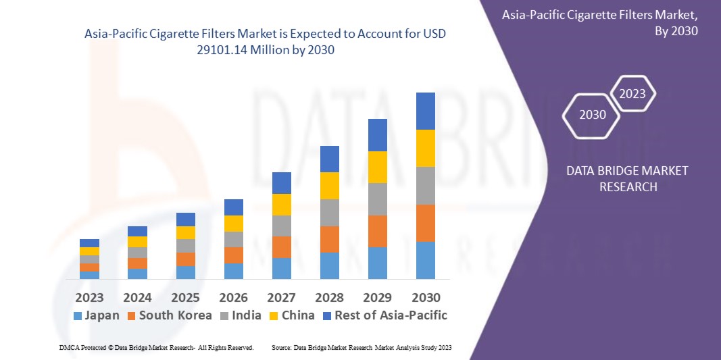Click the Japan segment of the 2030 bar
coord(425,260)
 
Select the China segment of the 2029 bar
coord(377,167)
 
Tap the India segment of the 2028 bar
coord(329,212)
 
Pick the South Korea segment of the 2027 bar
coord(281,247)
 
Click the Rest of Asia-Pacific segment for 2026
coord(233,207)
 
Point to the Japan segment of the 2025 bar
coord(185,272)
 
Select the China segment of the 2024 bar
coord(137,242)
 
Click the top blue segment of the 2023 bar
coord(89,243)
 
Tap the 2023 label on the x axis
coord(89,298)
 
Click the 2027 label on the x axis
coord(281,298)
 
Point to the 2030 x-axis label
coord(425,298)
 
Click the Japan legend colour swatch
coord(77,315)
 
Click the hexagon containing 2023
coord(632,94)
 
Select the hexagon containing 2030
coord(593,115)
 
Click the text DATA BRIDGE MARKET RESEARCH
coord(627,178)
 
